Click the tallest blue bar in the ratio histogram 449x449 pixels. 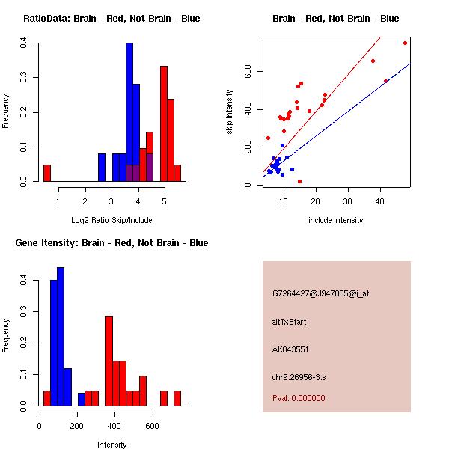129,112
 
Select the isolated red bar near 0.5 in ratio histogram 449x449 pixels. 46,173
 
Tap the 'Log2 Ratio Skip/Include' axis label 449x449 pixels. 112,220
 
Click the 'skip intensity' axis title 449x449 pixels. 230,112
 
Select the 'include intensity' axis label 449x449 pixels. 336,220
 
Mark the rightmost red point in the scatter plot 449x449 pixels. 405,43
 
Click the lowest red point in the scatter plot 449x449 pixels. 299,181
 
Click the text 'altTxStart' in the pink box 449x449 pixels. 290,322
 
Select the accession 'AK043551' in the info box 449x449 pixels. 290,349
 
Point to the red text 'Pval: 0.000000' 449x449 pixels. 299,398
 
